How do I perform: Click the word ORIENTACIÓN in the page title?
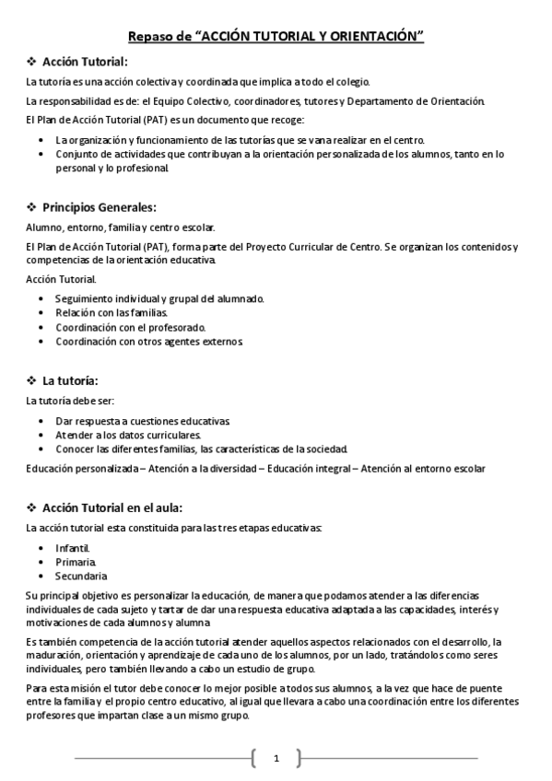(x=374, y=36)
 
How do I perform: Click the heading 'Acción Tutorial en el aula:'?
(x=112, y=507)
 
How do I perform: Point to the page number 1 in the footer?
(x=276, y=758)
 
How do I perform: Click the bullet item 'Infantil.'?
(x=73, y=547)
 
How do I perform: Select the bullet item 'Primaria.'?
(x=75, y=561)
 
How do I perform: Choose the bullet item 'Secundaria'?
(x=80, y=575)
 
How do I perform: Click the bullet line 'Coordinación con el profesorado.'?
(x=130, y=327)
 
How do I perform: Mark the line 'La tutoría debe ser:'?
(x=70, y=401)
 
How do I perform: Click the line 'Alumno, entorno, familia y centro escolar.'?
(x=120, y=227)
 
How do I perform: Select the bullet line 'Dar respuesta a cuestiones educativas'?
(x=142, y=421)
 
